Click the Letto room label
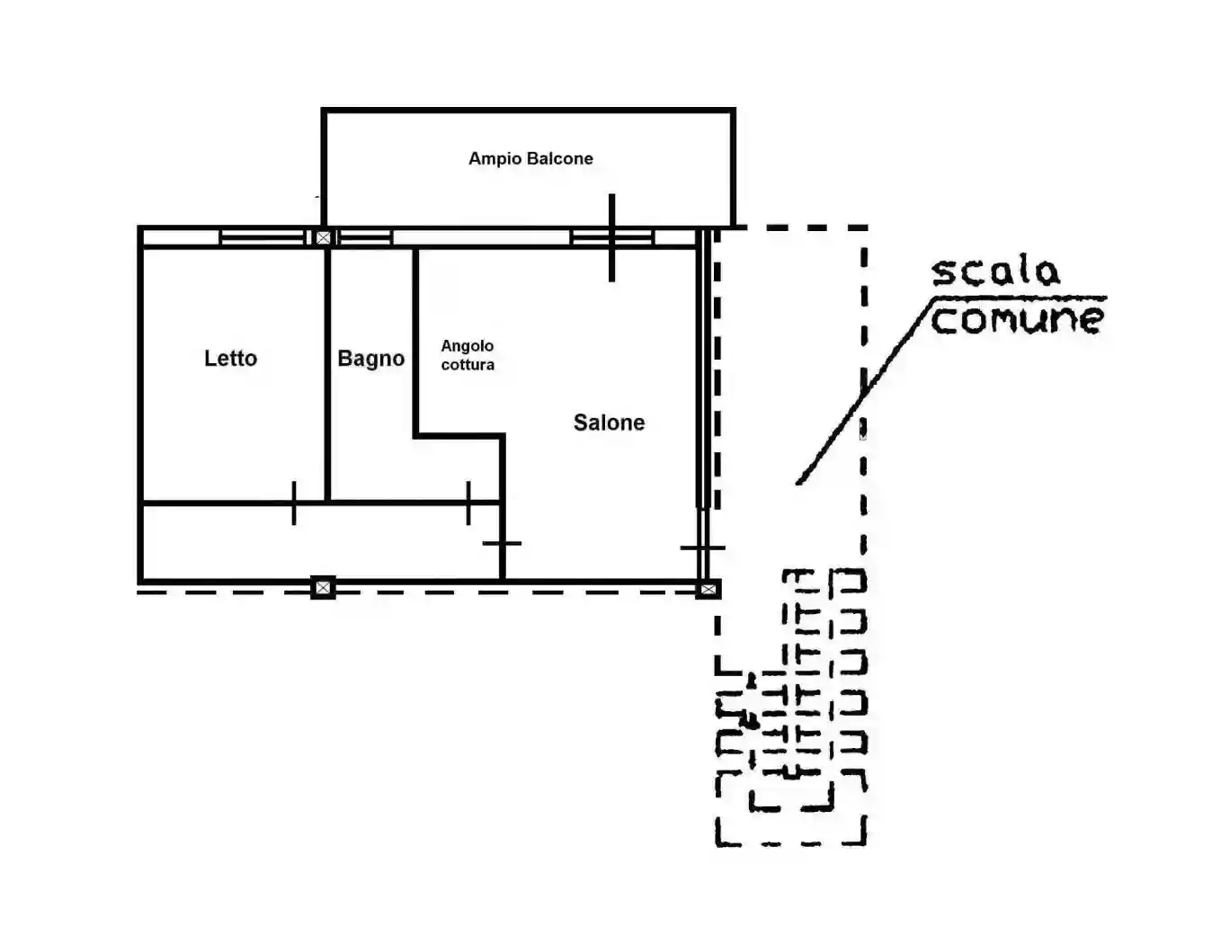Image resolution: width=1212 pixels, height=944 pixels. [x=230, y=358]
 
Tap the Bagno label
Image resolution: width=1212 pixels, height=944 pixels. [x=371, y=359]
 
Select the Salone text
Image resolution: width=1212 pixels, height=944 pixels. [x=609, y=422]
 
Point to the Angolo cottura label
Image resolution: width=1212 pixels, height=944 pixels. [x=468, y=355]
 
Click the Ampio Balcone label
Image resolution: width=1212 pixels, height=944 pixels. [x=530, y=158]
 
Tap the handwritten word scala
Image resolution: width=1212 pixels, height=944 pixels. [x=996, y=272]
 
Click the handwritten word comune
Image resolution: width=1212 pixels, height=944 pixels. [x=1017, y=319]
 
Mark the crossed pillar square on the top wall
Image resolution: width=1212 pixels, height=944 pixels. [x=323, y=237]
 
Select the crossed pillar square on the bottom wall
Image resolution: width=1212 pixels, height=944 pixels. [x=323, y=587]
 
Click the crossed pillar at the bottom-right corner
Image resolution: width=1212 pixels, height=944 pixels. [x=708, y=589]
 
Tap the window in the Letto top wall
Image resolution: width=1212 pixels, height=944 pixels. [x=263, y=237]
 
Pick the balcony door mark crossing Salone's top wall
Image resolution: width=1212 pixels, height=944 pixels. [x=612, y=237]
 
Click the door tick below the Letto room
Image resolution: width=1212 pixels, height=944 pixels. [x=294, y=503]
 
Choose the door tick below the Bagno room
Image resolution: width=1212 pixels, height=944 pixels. [x=468, y=503]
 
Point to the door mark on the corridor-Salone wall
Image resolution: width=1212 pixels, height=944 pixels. [x=502, y=543]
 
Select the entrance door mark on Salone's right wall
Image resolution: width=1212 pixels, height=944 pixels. [x=703, y=548]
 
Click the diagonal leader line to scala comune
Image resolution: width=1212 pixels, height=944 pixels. [x=863, y=391]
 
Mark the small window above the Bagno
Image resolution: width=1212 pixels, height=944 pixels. [x=365, y=237]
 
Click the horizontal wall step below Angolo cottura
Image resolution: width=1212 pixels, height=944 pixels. [x=459, y=435]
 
